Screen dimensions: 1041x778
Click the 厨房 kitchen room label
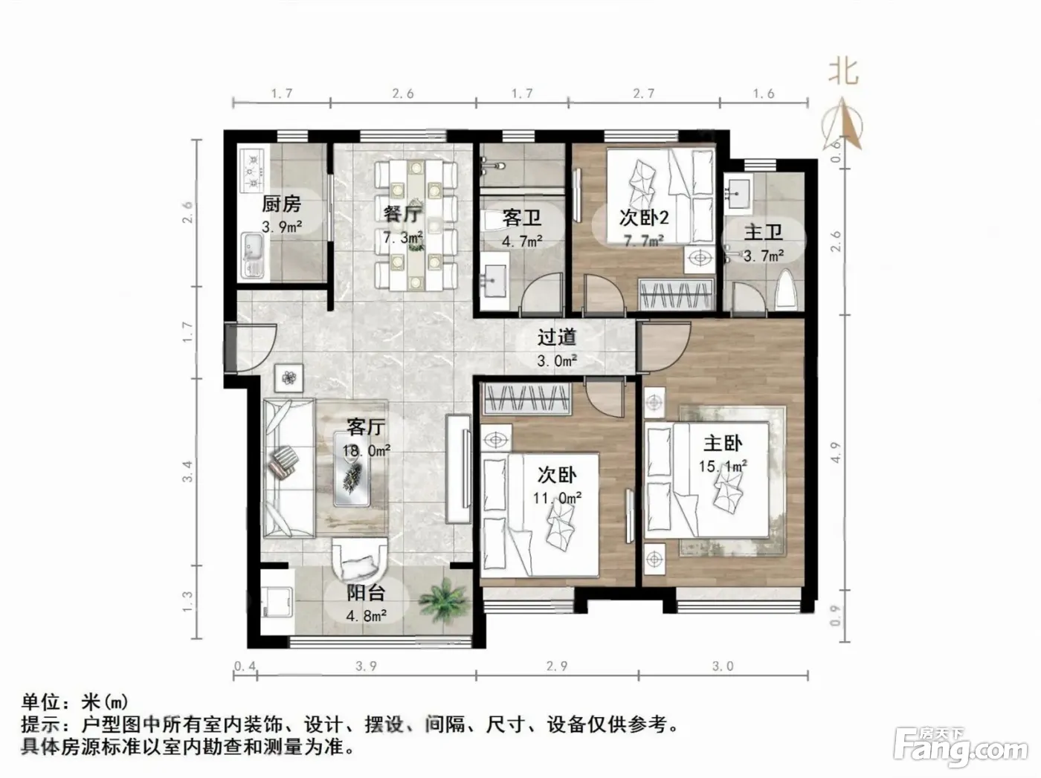click(x=282, y=204)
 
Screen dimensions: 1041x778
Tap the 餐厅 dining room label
click(x=403, y=214)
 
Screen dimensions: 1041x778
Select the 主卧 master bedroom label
click(x=723, y=444)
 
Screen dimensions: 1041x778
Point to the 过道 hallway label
click(x=557, y=337)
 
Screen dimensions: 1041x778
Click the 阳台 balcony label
click(x=366, y=593)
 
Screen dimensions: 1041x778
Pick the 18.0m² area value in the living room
click(x=366, y=450)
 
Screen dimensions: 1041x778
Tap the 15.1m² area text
click(x=723, y=466)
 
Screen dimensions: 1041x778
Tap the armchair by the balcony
click(x=359, y=560)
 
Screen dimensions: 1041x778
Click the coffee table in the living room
click(x=352, y=469)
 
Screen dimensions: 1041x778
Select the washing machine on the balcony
click(x=277, y=602)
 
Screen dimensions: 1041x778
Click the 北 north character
click(x=842, y=74)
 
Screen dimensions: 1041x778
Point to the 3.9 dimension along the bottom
click(x=366, y=667)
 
